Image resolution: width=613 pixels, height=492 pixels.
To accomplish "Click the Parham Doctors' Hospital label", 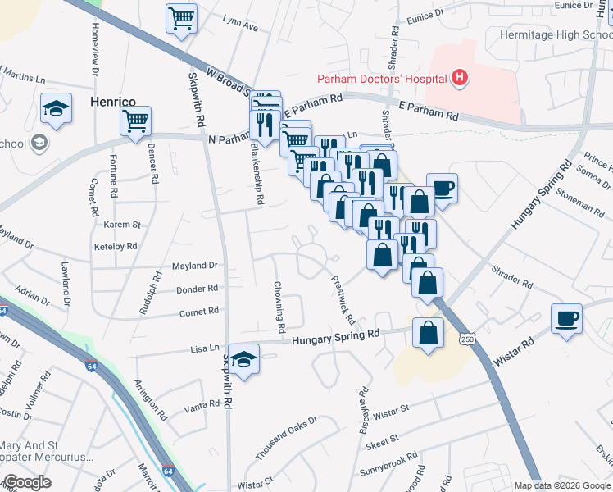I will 382,79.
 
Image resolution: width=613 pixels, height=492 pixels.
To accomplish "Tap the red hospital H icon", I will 461,78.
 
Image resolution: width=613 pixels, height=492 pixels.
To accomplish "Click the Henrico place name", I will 112,102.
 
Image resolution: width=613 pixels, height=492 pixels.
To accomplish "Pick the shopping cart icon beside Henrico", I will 136,121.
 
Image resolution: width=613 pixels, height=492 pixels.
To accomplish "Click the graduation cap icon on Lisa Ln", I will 243,358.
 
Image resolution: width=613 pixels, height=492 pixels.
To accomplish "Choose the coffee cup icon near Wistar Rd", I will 566,318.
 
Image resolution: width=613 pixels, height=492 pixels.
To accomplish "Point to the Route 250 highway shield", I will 468,339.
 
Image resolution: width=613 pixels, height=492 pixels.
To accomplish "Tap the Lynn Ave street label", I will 239,27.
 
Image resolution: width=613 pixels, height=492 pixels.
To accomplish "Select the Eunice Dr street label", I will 425,14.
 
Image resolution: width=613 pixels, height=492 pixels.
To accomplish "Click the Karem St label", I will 123,224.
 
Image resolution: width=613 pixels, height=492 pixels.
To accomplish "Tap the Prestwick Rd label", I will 343,298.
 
